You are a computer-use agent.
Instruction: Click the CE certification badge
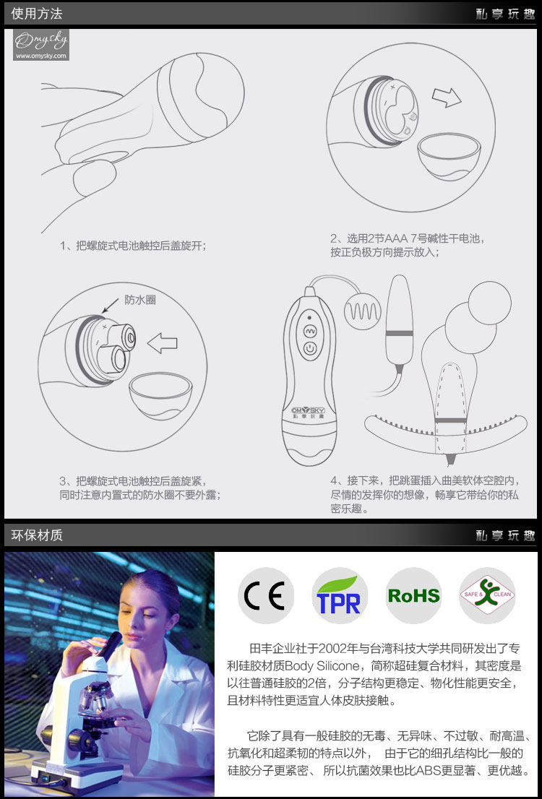click(266, 595)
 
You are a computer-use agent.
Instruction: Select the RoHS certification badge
click(413, 595)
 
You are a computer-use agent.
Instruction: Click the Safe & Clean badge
click(487, 595)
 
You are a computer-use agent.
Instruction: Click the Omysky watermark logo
click(40, 45)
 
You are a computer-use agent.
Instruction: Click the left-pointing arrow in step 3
click(162, 345)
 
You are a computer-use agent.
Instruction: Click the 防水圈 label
click(140, 300)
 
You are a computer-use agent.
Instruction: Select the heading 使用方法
click(37, 14)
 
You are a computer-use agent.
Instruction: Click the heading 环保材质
click(37, 535)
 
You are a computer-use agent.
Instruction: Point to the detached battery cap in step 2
click(450, 156)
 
